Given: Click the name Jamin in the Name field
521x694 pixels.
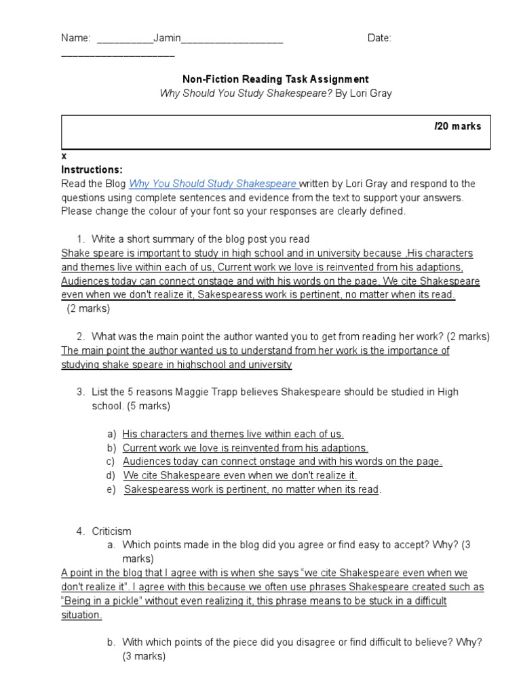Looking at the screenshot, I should (167, 39).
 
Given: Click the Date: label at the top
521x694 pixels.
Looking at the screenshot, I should (380, 39).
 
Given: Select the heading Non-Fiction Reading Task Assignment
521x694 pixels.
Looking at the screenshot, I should (275, 79).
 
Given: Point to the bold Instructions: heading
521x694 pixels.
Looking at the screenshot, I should (92, 169).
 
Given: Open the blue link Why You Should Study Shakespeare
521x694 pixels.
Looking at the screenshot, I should (213, 184).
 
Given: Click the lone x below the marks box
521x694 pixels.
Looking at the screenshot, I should (64, 156).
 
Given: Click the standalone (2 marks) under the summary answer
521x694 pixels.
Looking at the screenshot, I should (88, 308).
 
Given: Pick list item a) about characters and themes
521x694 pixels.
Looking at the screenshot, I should (233, 434).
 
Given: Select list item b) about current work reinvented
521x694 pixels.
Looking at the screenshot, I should (245, 448).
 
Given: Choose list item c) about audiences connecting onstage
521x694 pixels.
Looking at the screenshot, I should (282, 462).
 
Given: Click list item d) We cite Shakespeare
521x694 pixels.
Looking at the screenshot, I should (239, 476).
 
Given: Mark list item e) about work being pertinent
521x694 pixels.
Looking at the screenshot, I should (251, 489).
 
